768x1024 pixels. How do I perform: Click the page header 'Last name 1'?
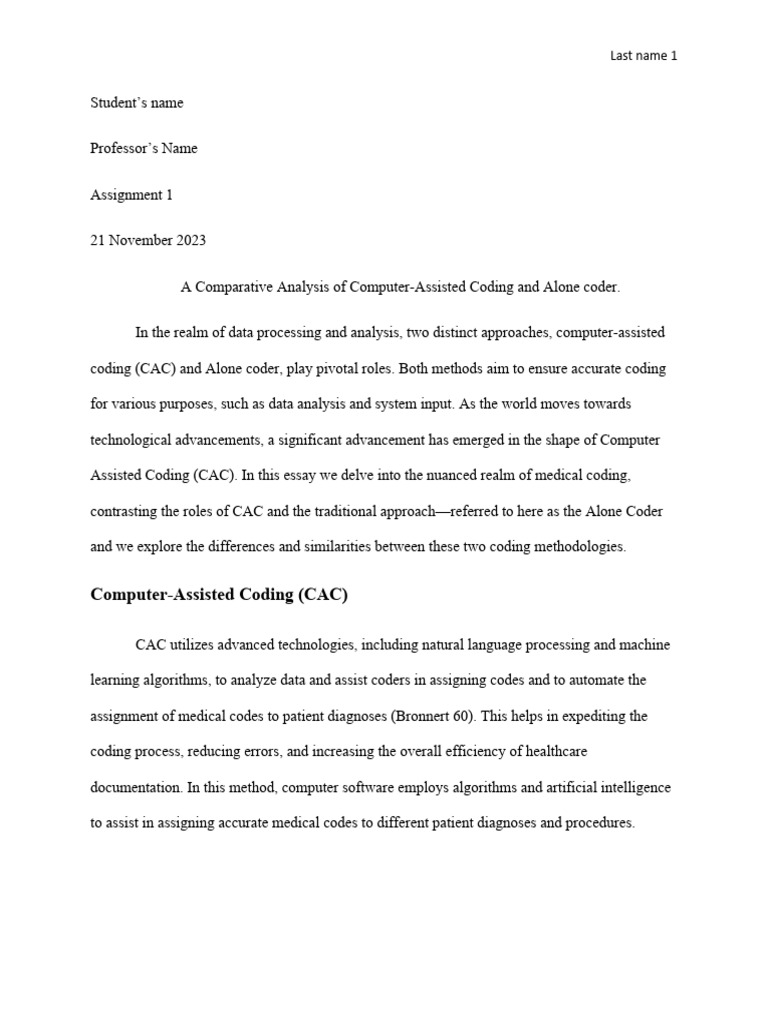pos(643,56)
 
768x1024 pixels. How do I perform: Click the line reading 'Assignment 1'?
pos(131,195)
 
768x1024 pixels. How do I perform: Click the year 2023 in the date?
pos(190,241)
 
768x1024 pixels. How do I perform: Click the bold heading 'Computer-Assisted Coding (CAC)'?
pos(219,595)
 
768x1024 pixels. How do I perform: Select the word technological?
pos(141,440)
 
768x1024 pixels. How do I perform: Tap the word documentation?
pos(135,788)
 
